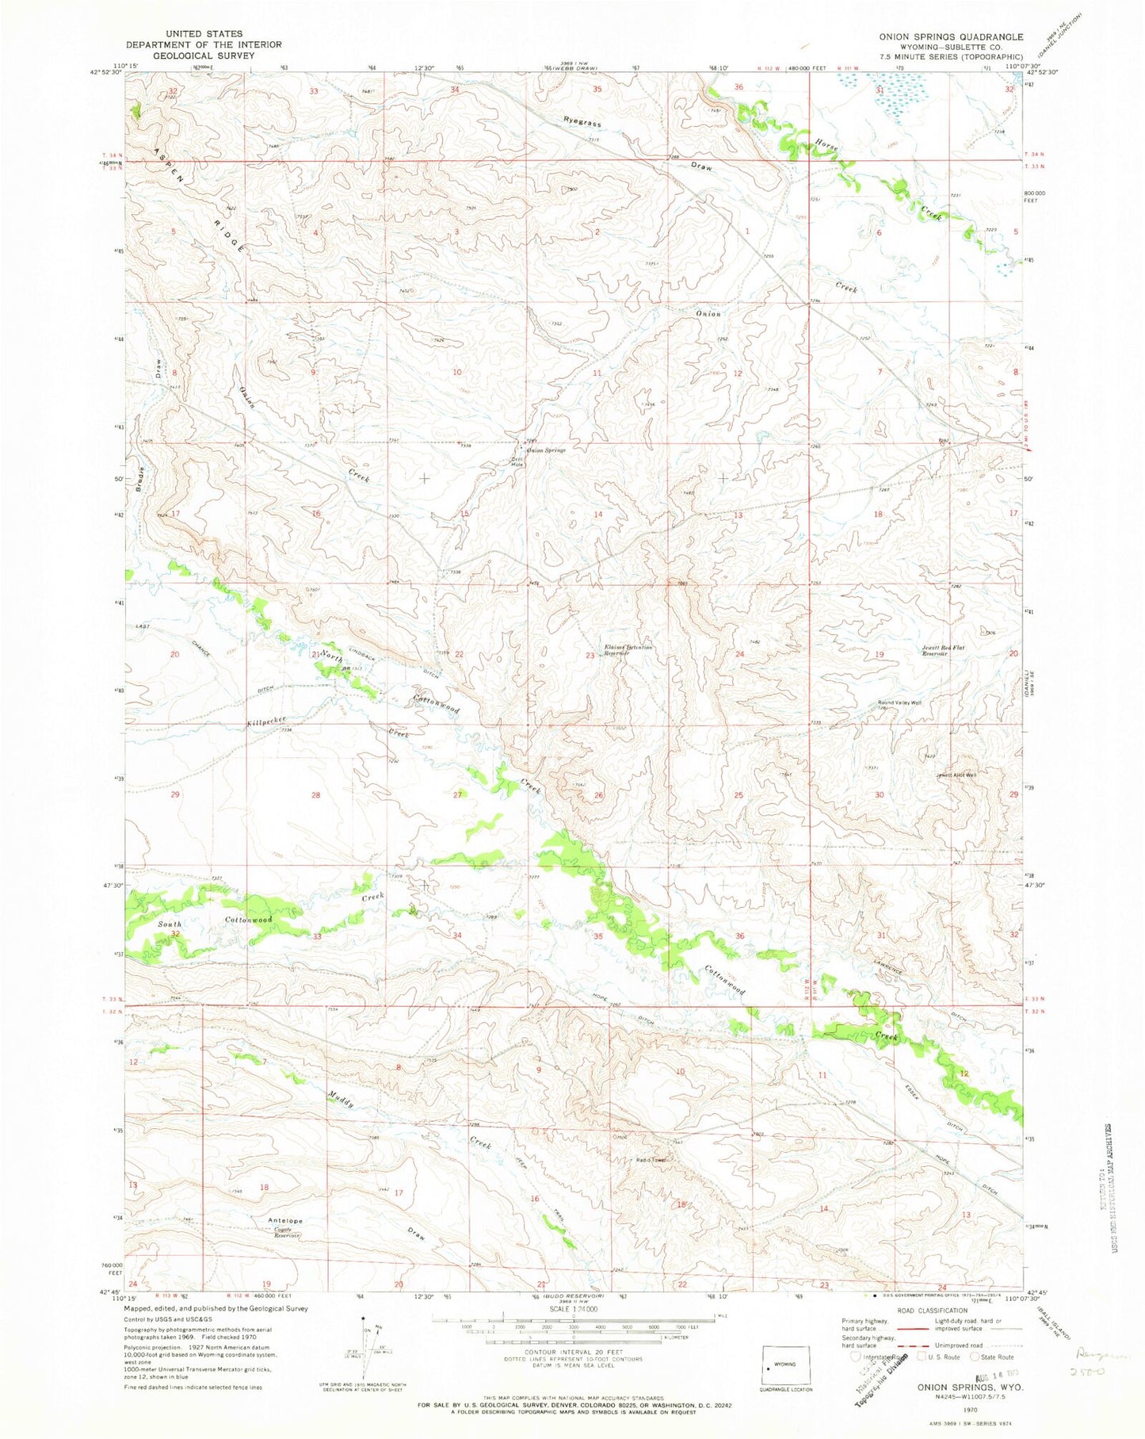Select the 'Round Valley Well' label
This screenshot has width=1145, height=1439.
(899, 702)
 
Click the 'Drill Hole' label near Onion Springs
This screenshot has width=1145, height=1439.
(517, 461)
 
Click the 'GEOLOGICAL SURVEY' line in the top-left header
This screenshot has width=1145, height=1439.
(204, 55)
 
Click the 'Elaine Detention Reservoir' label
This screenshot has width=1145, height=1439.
(628, 650)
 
